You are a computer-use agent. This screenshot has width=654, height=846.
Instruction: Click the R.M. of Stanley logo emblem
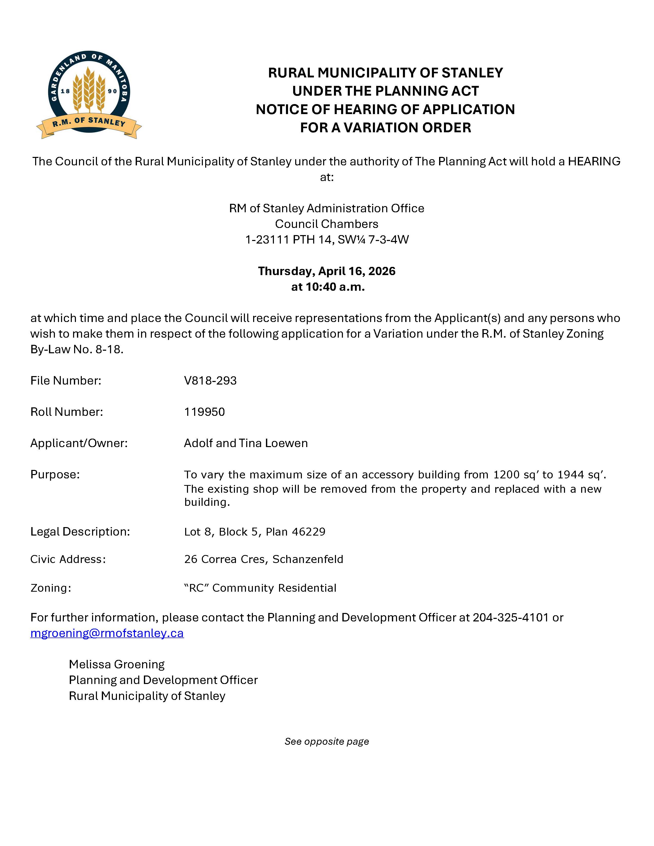point(89,95)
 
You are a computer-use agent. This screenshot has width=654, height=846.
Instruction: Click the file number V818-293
point(210,381)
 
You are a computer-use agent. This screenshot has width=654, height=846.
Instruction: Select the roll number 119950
point(204,412)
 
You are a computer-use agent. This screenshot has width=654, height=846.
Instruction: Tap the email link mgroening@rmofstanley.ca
point(107,633)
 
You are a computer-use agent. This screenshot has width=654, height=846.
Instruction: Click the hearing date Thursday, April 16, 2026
point(326,271)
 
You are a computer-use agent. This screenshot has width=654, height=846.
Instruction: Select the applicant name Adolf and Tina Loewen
point(246,443)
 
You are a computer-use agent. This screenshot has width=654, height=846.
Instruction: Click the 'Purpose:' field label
point(55,475)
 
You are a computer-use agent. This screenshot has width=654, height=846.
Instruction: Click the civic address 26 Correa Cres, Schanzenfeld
point(263,559)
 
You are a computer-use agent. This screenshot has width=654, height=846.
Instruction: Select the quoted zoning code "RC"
point(196,588)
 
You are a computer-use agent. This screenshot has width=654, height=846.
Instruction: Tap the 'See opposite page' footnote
point(326,741)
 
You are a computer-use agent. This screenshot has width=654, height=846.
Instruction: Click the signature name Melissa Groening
point(117,664)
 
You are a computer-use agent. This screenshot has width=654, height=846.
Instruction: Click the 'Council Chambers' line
point(326,224)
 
